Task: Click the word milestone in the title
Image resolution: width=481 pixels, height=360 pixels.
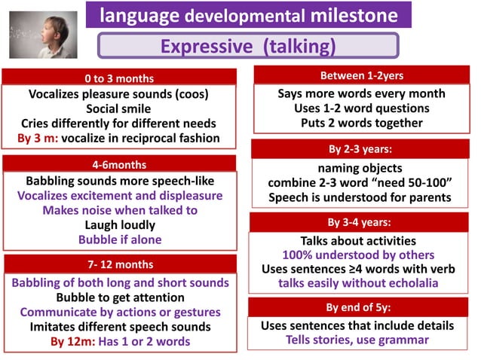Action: click(x=351, y=16)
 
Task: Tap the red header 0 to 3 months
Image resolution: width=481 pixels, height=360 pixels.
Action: click(x=118, y=78)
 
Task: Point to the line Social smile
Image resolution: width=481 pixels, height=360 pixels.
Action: click(x=118, y=108)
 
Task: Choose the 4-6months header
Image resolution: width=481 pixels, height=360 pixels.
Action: click(x=120, y=164)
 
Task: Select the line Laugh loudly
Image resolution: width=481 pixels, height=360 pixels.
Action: click(x=120, y=224)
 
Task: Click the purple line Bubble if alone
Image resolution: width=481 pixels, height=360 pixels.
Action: click(x=120, y=239)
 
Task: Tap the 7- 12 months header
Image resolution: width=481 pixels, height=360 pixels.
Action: click(x=120, y=264)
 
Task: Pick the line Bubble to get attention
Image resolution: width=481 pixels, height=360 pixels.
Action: click(x=120, y=297)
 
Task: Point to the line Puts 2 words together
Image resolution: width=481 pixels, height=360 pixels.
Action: click(x=361, y=123)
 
